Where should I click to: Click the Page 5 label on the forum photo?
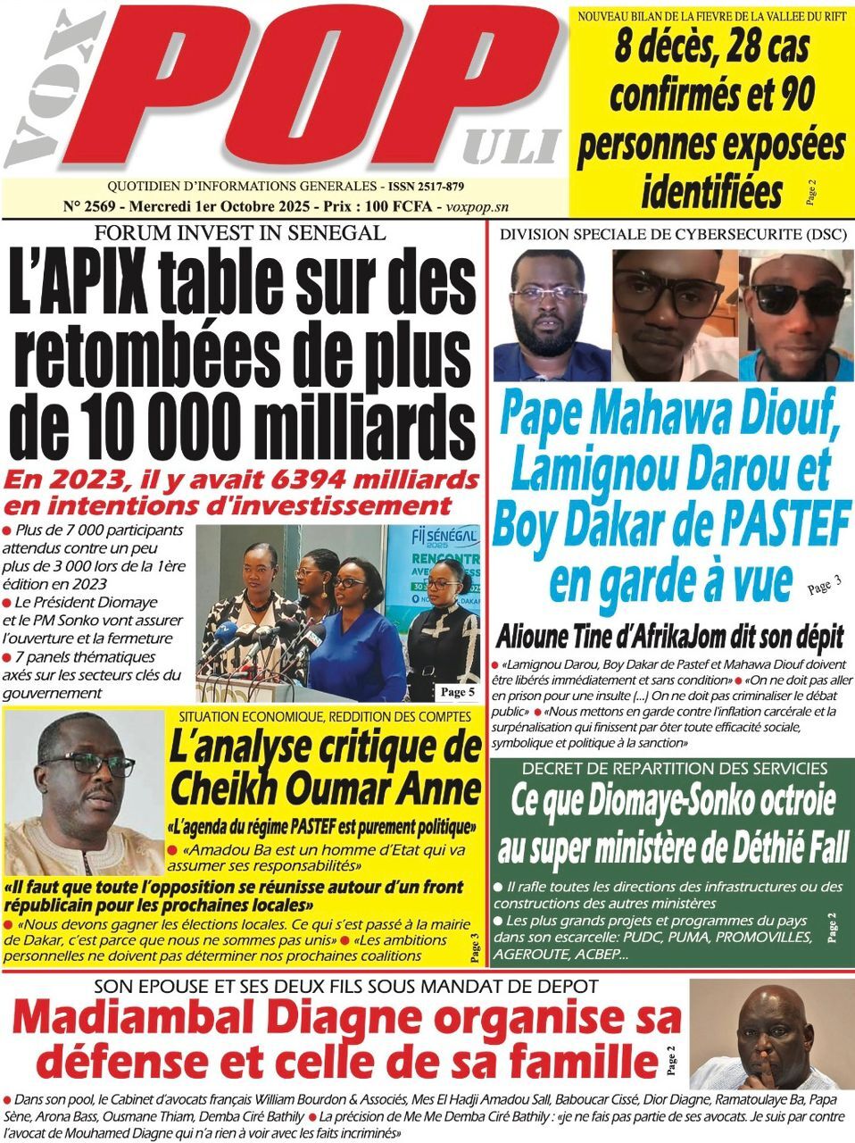pyautogui.click(x=458, y=692)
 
